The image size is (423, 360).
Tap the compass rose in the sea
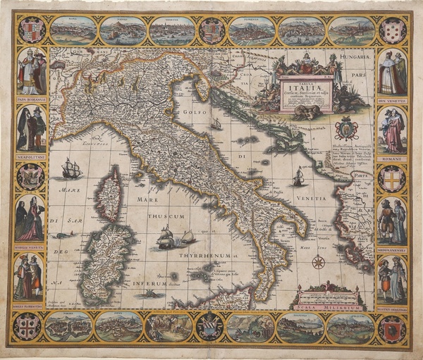319,263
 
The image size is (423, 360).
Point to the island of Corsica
109,192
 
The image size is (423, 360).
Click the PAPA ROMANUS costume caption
30,99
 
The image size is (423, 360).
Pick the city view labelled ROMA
73,30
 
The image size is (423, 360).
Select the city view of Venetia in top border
171,30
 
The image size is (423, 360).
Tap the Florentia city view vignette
252,30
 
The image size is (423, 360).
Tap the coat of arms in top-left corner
30,31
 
